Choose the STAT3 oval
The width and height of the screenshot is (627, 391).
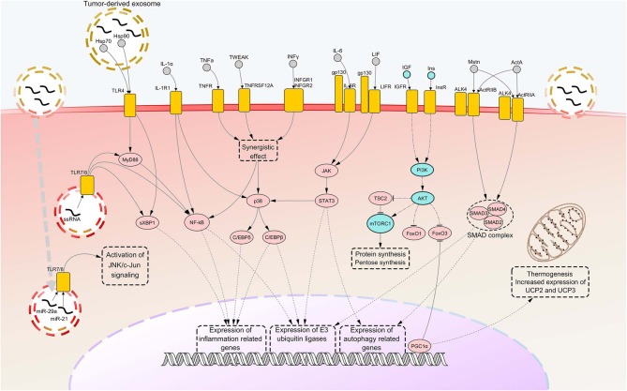[328, 200]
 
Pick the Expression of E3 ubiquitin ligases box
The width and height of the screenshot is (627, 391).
[304, 335]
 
